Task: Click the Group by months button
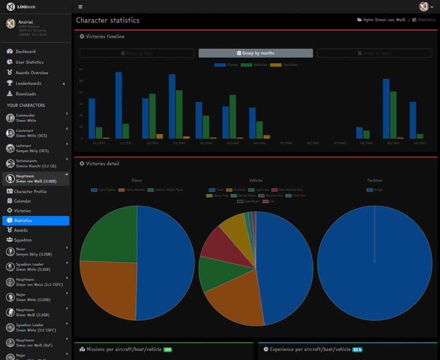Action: pos(256,53)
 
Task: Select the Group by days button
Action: pos(137,53)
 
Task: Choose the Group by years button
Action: pos(374,53)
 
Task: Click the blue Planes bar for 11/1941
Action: pos(118,105)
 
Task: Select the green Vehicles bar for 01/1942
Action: pos(179,114)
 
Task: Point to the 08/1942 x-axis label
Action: pos(366,143)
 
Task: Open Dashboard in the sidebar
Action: pos(26,51)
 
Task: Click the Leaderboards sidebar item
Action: pos(28,83)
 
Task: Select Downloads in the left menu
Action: pos(26,94)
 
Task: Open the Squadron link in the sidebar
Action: pos(23,240)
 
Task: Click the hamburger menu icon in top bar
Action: pos(80,7)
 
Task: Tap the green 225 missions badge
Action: pos(168,349)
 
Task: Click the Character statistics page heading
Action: pos(108,20)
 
